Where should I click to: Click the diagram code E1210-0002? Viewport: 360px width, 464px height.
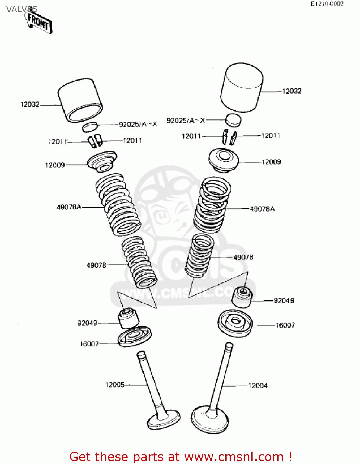coord(327,4)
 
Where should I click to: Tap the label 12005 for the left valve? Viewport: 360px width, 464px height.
coord(115,385)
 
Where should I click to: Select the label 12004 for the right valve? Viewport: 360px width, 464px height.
coord(258,386)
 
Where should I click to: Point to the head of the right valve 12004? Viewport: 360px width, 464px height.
coord(210,419)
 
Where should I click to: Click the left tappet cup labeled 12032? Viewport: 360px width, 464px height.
coord(80,100)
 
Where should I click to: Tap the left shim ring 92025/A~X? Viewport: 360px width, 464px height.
coord(90,127)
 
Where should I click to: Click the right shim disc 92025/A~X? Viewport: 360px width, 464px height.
coord(233,120)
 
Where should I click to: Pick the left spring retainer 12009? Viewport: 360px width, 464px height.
coord(102,161)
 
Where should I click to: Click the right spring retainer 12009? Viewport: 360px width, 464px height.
coord(224,160)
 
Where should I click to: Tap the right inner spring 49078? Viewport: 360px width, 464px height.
coord(200,255)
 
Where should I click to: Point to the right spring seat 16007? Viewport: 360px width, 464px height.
coord(235,323)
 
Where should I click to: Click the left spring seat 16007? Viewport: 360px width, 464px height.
coord(135,336)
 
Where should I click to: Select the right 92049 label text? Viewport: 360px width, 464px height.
coord(284,301)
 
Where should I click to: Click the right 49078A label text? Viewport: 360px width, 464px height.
coord(262,209)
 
